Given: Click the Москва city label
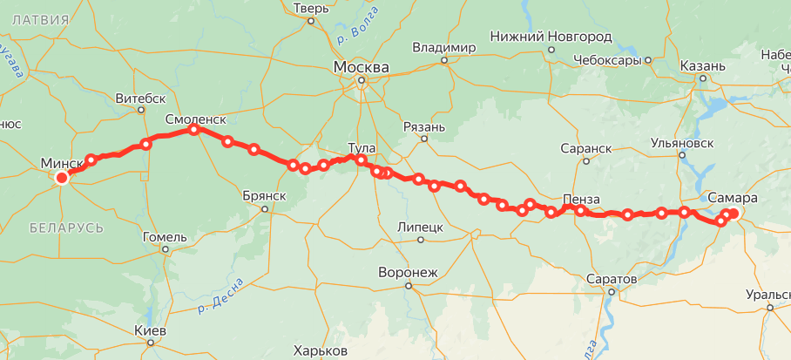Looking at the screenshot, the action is [x=361, y=66].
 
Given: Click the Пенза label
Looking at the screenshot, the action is [x=581, y=200].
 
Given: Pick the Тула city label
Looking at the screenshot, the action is [x=361, y=147].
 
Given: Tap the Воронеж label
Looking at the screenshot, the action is [x=407, y=272].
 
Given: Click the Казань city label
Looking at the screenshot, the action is [x=702, y=66].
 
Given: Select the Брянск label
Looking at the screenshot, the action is [x=265, y=195].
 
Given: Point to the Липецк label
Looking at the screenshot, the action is [x=420, y=227].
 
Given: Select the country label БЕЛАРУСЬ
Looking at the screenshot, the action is [x=66, y=228].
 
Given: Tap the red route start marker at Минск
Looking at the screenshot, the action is [x=62, y=178].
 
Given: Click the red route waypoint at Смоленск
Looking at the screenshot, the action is [x=194, y=130].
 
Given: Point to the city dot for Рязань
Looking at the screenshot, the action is [x=425, y=138].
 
